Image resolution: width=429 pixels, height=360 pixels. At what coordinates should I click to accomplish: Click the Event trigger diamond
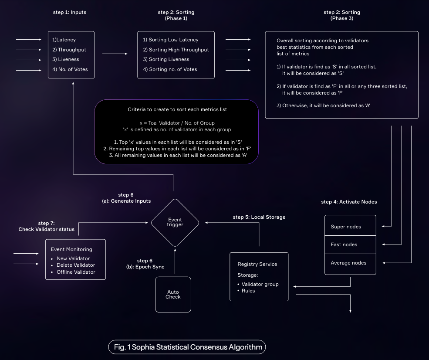[175, 222]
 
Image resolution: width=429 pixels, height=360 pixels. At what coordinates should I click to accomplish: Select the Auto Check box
[173, 295]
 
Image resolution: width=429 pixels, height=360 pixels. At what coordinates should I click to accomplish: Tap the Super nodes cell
[350, 226]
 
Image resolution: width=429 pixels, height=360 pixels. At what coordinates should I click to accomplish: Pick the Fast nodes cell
[350, 245]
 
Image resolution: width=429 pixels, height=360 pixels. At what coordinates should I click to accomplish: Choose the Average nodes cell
[350, 263]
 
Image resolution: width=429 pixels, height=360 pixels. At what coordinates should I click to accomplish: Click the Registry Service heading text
[257, 264]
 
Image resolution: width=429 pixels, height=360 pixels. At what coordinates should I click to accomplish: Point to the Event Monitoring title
[71, 249]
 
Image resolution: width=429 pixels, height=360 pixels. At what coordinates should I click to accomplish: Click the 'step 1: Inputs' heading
[70, 12]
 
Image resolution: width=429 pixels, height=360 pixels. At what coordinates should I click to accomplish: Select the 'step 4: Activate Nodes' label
[349, 202]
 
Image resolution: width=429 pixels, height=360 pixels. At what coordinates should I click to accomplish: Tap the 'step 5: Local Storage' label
[259, 217]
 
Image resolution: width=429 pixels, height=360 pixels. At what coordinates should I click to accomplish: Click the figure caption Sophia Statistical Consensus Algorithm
[187, 347]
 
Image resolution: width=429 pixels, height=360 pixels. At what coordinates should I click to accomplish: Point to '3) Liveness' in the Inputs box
[66, 59]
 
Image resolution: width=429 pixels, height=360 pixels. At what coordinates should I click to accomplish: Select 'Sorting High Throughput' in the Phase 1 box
[176, 50]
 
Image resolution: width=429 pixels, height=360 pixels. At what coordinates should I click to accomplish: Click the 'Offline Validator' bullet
[75, 272]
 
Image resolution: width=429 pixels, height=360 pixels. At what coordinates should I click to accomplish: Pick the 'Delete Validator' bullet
[75, 265]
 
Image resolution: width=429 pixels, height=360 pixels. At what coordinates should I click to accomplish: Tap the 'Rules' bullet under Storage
[248, 291]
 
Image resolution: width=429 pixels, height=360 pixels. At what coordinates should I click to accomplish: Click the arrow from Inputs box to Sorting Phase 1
[115, 54]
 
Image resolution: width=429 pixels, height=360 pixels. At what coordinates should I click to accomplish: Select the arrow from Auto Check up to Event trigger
[175, 262]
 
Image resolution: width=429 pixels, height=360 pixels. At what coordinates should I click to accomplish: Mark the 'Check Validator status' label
[46, 229]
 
